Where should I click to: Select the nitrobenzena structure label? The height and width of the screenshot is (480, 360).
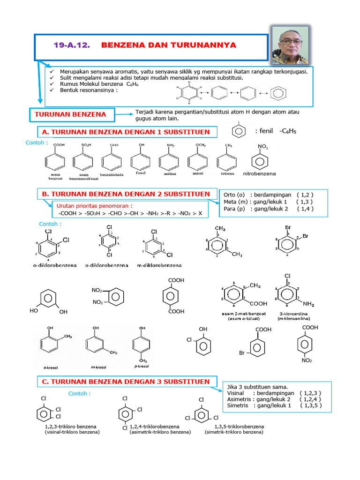point(259,173)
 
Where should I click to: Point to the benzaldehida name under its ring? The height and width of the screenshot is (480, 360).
point(111,174)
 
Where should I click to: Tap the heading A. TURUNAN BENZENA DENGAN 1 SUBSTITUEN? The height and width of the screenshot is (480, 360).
point(126,132)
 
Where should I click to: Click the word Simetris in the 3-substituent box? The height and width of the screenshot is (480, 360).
point(238,405)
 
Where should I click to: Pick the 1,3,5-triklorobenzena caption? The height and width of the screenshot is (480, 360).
point(239,427)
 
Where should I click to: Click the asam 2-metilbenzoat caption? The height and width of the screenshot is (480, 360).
point(241,313)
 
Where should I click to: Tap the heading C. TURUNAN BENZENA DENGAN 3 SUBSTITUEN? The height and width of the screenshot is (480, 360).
point(126,382)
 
